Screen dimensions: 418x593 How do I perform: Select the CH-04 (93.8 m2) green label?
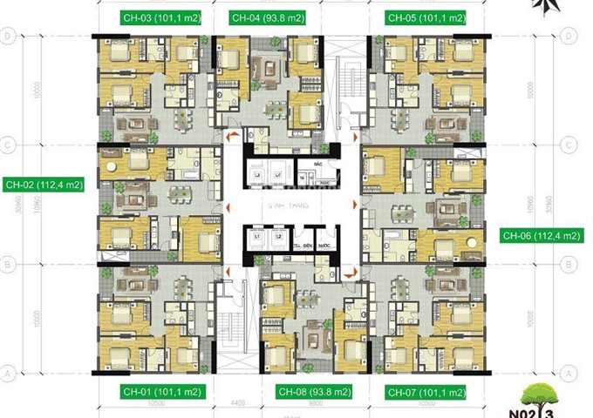pyautogui.click(x=269, y=17)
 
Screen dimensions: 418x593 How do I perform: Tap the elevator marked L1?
pyautogui.click(x=257, y=237)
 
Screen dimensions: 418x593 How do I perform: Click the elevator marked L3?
pyautogui.click(x=257, y=177)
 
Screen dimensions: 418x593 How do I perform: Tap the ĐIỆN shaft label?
pyautogui.click(x=308, y=246)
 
